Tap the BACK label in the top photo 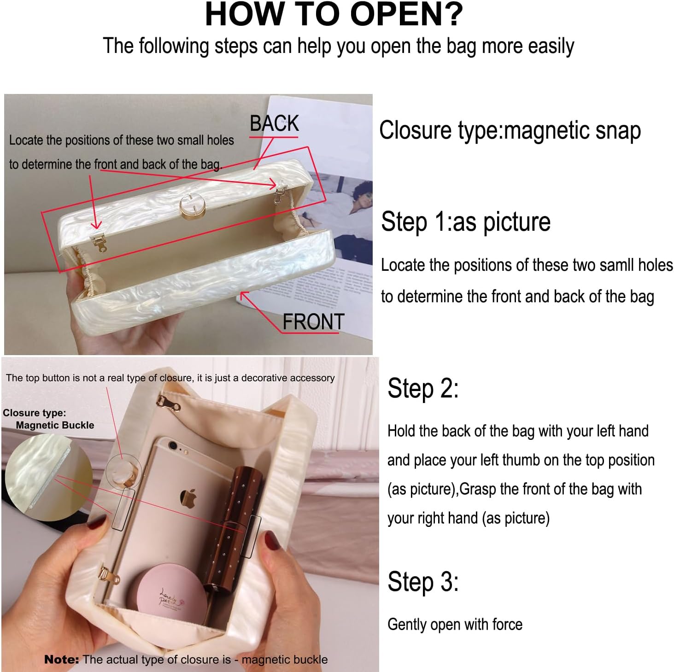(274, 123)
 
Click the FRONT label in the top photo (313, 321)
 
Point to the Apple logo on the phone (188, 499)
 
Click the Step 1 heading (465, 222)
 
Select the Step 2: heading (423, 388)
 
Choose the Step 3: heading (423, 582)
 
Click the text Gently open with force (455, 625)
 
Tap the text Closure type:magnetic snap (510, 130)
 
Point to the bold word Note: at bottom (61, 660)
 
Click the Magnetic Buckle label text (55, 425)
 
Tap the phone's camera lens (172, 445)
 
